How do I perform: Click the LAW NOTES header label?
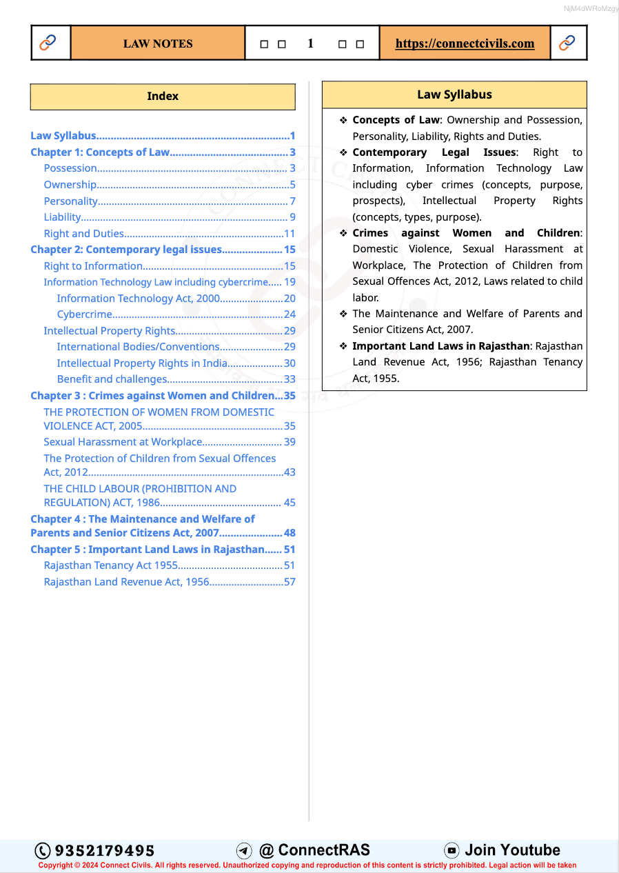(158, 43)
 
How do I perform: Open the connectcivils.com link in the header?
(465, 43)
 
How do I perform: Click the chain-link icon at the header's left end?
(48, 43)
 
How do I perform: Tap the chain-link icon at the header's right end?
(567, 43)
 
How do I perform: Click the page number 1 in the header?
(310, 43)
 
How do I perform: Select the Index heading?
(163, 97)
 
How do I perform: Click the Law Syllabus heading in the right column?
(454, 94)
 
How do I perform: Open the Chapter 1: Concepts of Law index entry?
(100, 152)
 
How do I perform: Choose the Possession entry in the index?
(70, 168)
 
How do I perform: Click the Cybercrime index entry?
(84, 314)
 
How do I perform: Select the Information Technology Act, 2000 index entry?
(138, 299)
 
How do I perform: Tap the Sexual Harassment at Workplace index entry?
(123, 442)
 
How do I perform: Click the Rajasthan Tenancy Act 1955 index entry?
(110, 565)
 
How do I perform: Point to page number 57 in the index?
(290, 582)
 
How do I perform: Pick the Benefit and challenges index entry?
(112, 379)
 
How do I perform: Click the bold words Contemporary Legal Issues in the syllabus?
(434, 152)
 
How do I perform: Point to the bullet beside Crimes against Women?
(343, 233)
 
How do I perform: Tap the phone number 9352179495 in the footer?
(104, 850)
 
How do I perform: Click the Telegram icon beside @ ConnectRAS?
(244, 850)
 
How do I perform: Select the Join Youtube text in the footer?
(512, 850)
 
